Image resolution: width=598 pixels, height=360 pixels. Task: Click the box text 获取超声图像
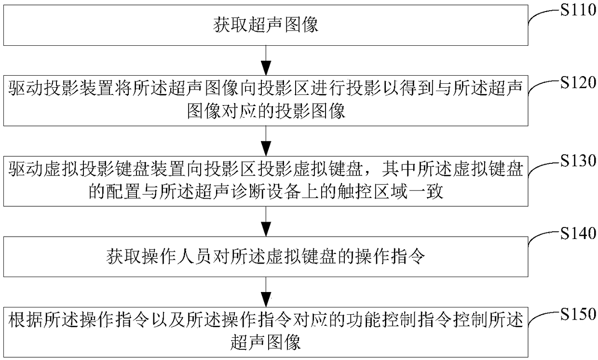[x=266, y=25]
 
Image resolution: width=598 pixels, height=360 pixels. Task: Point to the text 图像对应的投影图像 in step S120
[x=266, y=112]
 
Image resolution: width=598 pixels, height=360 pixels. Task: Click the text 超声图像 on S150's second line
[x=266, y=343]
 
